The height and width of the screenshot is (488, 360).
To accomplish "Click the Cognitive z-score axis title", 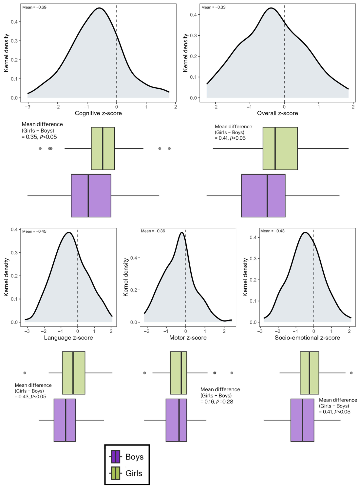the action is pyautogui.click(x=98, y=113).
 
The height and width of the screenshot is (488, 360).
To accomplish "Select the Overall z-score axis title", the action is pyautogui.click(x=277, y=113).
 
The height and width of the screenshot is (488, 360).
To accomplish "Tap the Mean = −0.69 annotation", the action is pyautogui.click(x=34, y=7).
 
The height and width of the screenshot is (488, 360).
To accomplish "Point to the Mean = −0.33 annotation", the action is pyautogui.click(x=213, y=7).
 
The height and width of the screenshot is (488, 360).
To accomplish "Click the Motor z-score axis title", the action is pyautogui.click(x=188, y=338).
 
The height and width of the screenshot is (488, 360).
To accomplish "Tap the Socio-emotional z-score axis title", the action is pyautogui.click(x=307, y=338).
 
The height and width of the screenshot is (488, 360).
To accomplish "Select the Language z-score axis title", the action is pyautogui.click(x=68, y=338).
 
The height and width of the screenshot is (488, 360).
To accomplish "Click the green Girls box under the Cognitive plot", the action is pyautogui.click(x=103, y=148).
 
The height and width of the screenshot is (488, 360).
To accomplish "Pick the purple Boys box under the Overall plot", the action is pyautogui.click(x=263, y=196).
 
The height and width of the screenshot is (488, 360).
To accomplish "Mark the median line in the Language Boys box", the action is pyautogui.click(x=66, y=420).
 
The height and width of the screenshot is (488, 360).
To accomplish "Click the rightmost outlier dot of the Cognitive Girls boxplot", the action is pyautogui.click(x=169, y=148).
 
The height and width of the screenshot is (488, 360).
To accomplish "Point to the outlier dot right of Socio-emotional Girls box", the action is pyautogui.click(x=351, y=373).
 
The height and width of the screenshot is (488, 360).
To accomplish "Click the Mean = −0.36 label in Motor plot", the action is pyautogui.click(x=153, y=231).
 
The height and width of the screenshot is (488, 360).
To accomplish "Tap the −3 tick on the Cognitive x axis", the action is pyautogui.click(x=28, y=107).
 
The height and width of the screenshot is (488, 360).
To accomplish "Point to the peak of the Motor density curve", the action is pyautogui.click(x=181, y=232).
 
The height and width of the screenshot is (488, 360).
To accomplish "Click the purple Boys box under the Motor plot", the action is pyautogui.click(x=176, y=420).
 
